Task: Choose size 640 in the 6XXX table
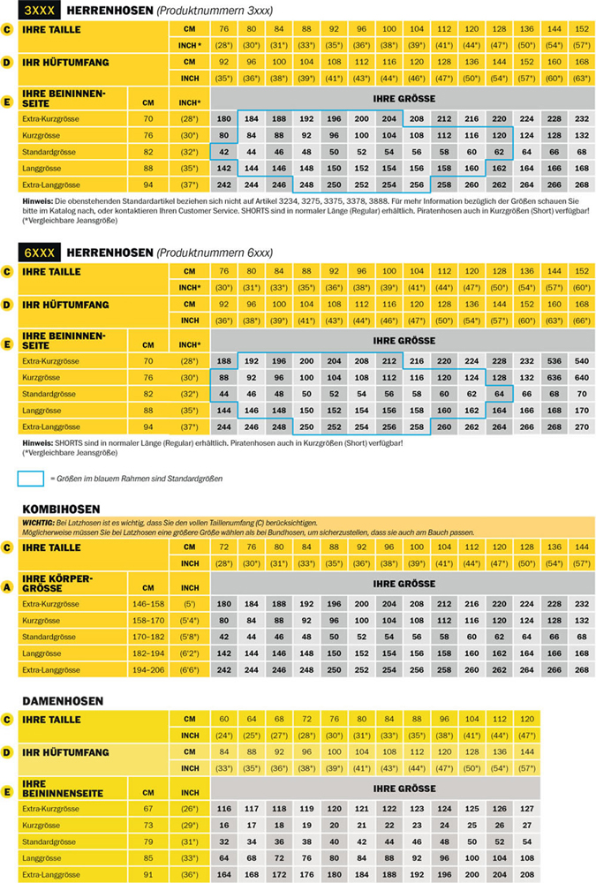581,377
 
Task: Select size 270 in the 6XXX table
581,426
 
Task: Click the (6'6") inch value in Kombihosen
187,669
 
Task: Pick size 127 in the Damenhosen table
527,808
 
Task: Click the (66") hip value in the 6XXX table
581,321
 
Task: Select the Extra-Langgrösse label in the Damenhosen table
56,874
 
